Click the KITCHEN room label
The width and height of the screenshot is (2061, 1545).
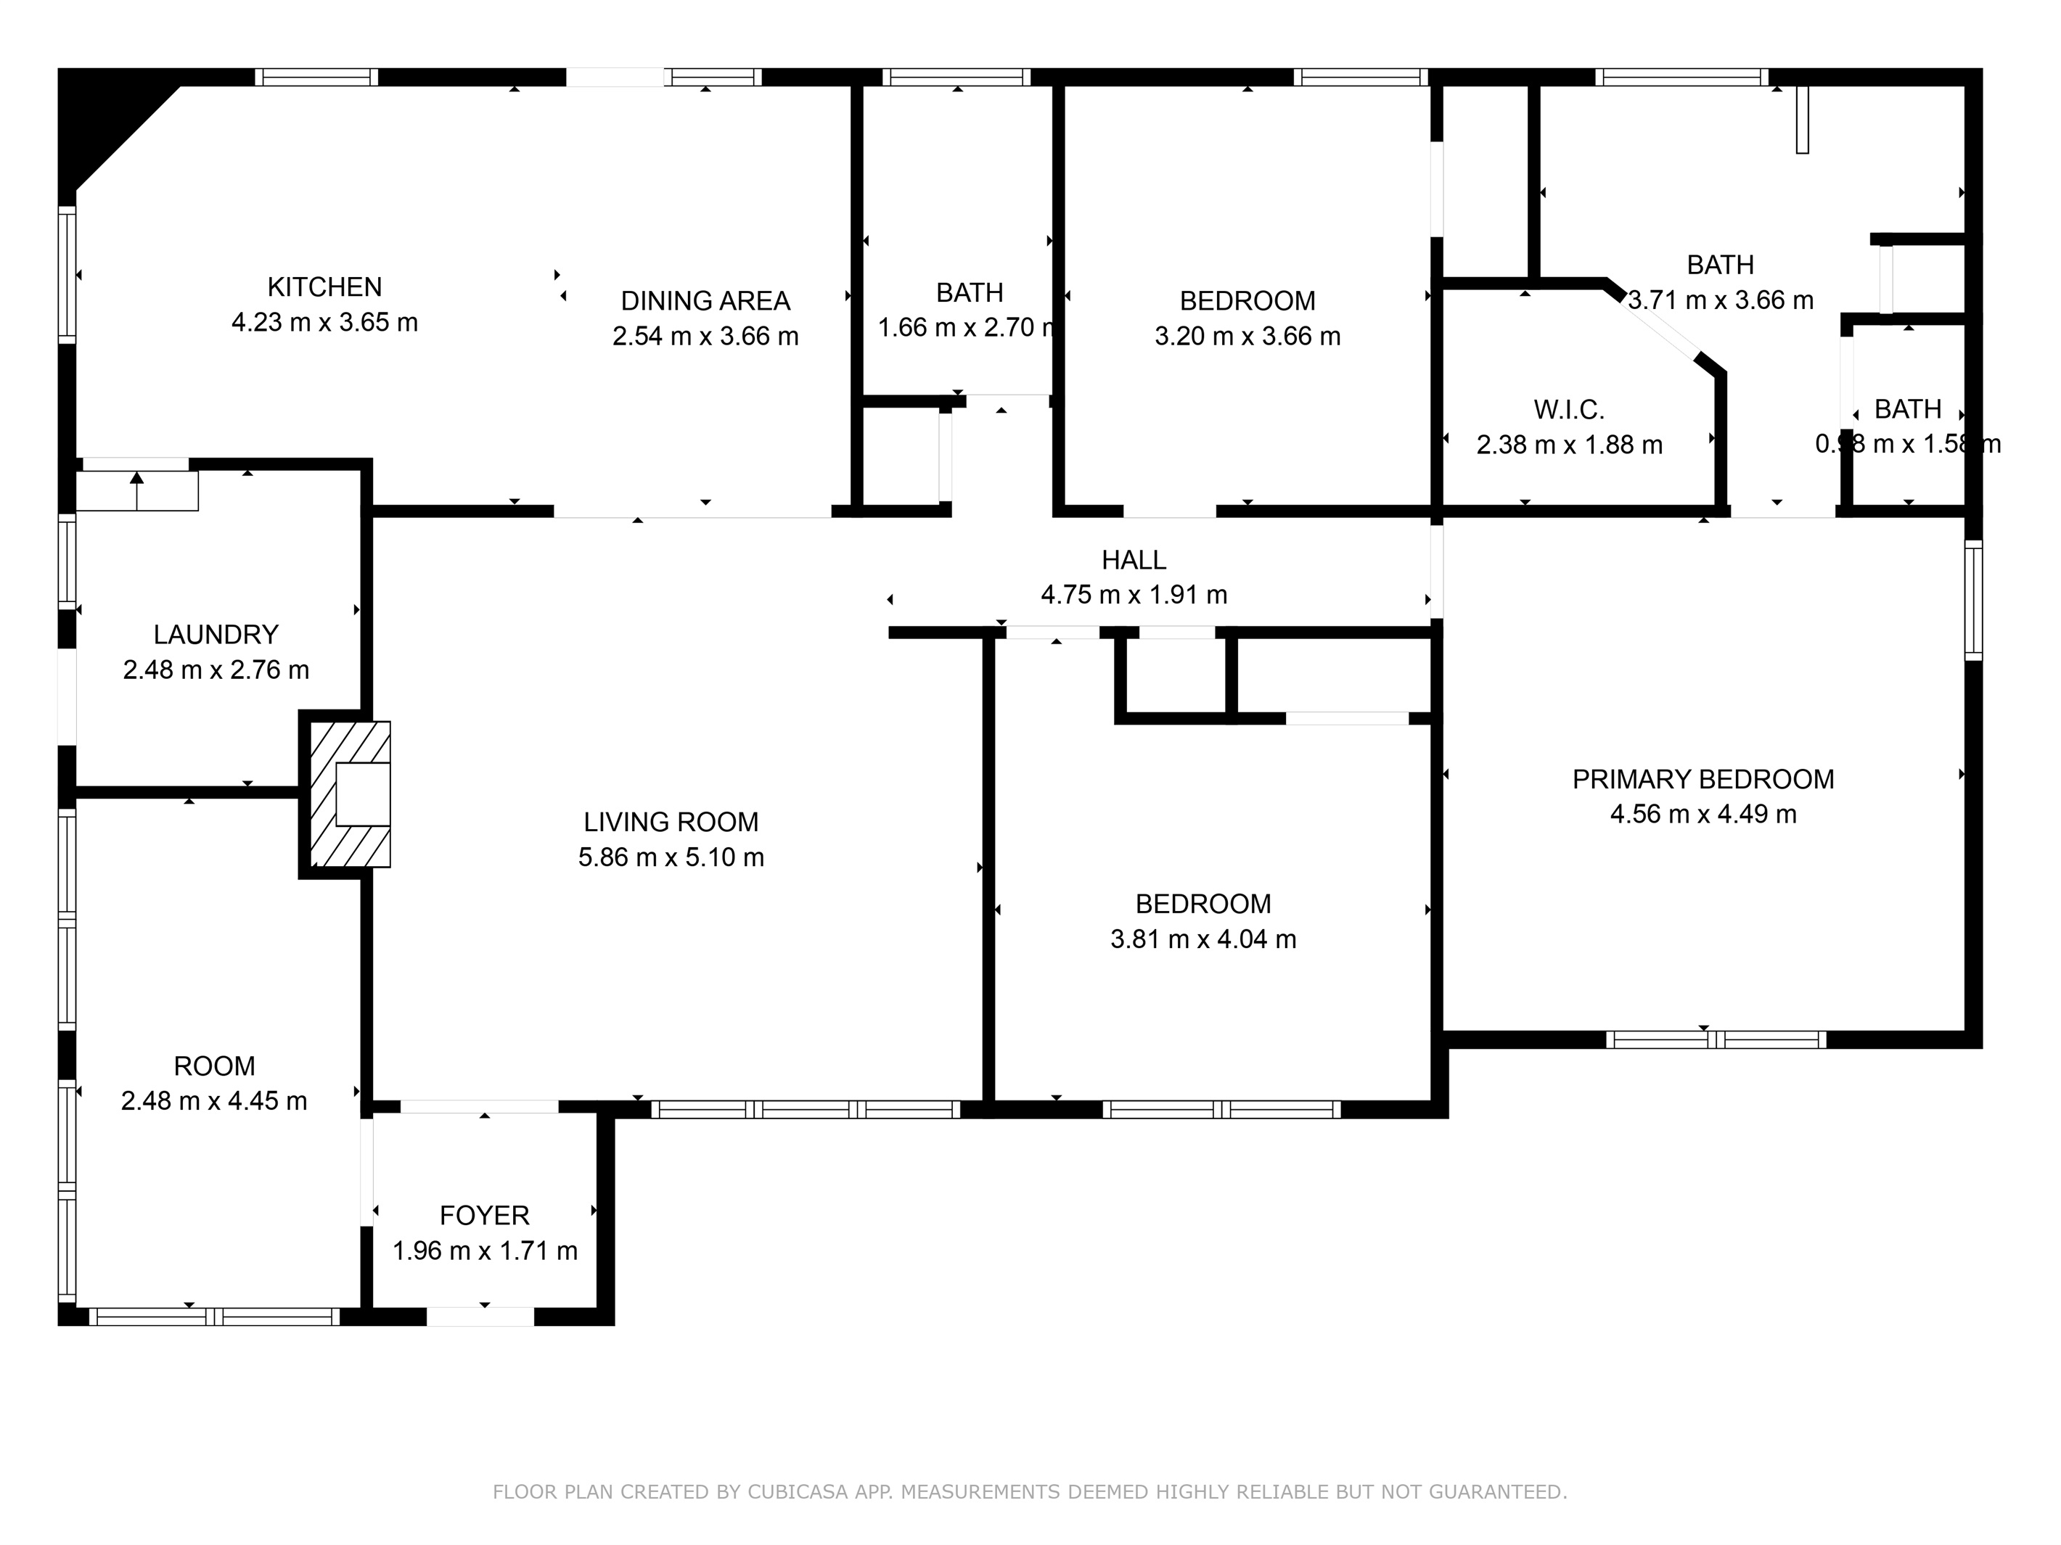click(324, 287)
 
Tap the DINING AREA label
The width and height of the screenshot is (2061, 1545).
click(705, 301)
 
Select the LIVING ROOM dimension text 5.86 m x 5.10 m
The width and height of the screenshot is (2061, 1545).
click(671, 857)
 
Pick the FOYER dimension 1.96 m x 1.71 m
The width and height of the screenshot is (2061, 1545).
click(485, 1251)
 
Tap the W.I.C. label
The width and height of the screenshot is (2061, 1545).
click(1569, 410)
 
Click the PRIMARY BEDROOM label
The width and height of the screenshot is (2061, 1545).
click(1703, 780)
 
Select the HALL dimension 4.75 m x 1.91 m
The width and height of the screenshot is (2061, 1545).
click(1134, 594)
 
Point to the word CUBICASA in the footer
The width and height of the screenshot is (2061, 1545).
click(797, 1492)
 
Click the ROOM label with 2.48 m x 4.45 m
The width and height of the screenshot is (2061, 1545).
click(214, 1066)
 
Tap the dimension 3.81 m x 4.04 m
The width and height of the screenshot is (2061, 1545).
click(1203, 939)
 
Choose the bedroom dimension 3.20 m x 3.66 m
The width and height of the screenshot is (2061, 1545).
click(1247, 336)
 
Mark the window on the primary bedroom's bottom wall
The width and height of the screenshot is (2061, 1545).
click(1716, 1039)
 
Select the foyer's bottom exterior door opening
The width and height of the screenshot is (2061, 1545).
click(480, 1317)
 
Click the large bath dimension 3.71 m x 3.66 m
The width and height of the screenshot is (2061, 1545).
click(1721, 300)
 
